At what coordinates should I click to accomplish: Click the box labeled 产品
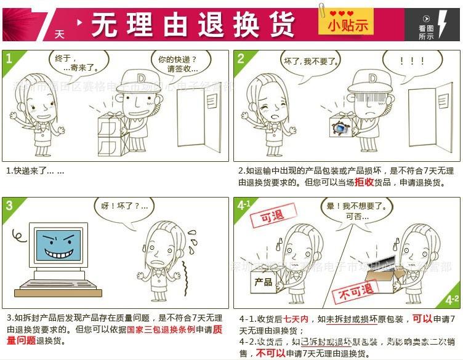click(263, 282)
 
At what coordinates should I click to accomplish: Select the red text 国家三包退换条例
click(161, 329)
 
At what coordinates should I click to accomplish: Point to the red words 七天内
click(296, 319)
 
